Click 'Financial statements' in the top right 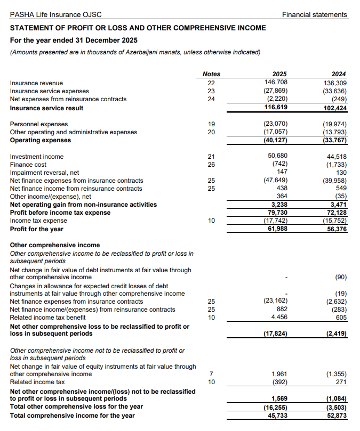point(314,14)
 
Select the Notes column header point(211,74)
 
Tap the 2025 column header point(279,74)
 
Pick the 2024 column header point(339,74)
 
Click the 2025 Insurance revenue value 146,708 point(276,83)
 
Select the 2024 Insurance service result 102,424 point(335,108)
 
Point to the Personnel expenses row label point(39,124)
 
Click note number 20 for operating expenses point(211,132)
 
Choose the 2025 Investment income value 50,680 point(278,156)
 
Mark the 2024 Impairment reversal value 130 point(341,173)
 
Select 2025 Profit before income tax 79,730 point(278,213)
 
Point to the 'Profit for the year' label point(37,229)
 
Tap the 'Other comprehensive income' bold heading point(55,246)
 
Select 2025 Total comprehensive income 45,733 point(278,416)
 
